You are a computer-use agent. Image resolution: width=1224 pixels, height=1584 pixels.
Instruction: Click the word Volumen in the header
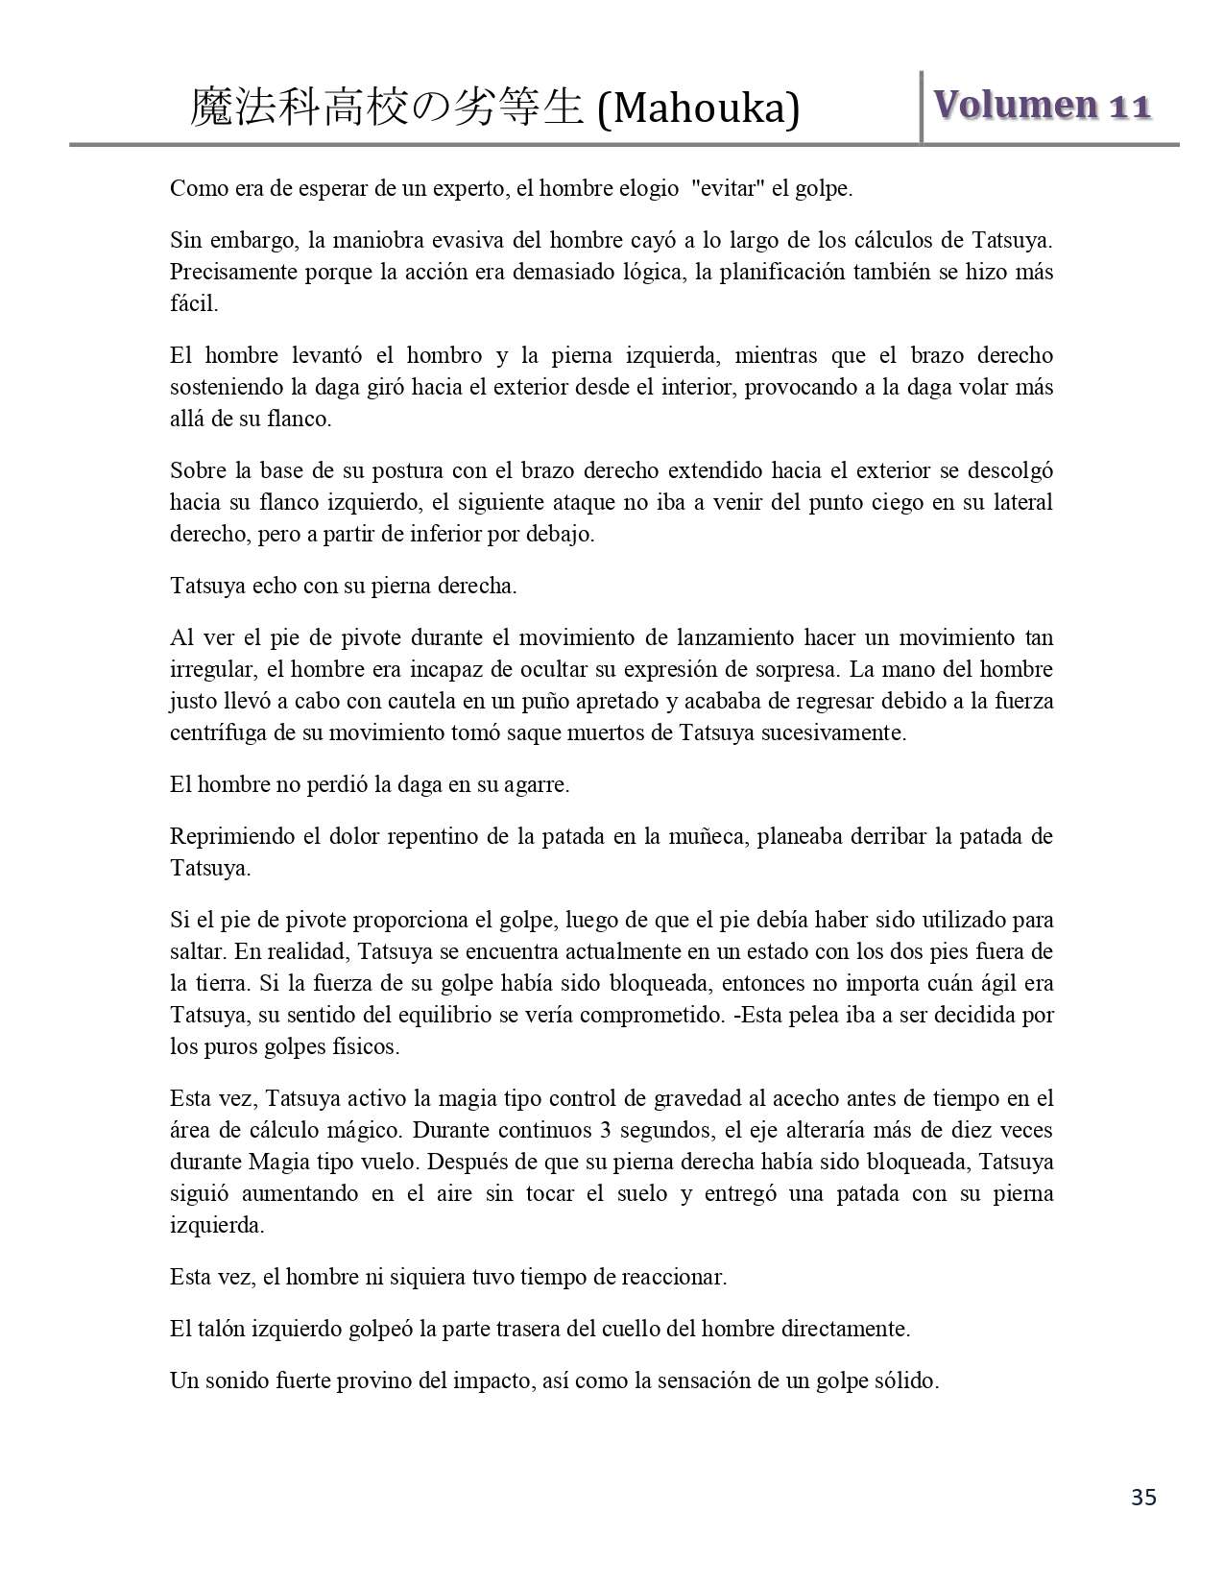pyautogui.click(x=1015, y=105)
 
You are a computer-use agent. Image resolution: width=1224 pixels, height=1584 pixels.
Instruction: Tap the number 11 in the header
pyautogui.click(x=1130, y=107)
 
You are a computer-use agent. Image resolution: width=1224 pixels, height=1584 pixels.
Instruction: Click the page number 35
pyautogui.click(x=1143, y=1497)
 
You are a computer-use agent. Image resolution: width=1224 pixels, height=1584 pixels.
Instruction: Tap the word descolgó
pyautogui.click(x=1016, y=470)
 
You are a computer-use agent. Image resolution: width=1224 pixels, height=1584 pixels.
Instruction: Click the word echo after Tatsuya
pyautogui.click(x=276, y=586)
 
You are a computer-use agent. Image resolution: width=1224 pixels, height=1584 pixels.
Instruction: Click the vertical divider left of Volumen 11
pyautogui.click(x=922, y=107)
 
